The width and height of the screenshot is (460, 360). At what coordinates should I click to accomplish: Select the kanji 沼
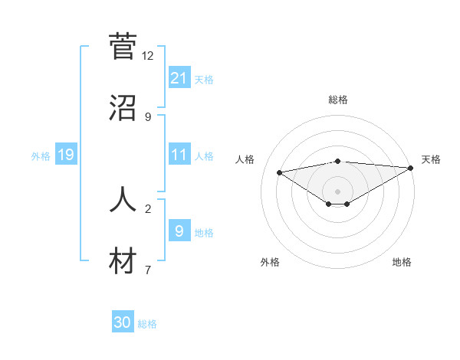123,109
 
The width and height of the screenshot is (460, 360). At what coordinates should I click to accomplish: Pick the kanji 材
123,261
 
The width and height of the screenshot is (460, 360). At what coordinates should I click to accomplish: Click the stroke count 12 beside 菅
148,56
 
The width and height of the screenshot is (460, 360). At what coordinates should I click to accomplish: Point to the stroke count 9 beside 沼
148,117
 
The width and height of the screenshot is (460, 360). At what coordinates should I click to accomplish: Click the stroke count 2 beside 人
148,208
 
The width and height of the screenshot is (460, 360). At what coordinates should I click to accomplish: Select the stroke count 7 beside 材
148,270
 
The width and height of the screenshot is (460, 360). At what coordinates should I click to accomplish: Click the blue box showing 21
179,77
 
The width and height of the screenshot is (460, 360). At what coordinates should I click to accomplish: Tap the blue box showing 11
179,155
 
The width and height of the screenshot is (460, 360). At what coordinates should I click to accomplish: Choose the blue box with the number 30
123,322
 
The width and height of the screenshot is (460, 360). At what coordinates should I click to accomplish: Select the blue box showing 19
65,155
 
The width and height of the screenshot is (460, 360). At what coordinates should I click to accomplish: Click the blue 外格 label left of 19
41,156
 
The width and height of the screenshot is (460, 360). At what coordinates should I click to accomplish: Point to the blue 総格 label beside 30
147,324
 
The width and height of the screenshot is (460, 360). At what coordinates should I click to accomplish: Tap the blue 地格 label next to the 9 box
204,233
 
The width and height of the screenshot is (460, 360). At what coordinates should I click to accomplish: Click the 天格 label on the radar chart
431,159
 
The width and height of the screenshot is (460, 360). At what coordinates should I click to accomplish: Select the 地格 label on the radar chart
402,262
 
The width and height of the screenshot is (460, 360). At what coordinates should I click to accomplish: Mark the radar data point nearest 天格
411,168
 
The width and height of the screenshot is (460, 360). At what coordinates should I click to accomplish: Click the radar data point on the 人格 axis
280,172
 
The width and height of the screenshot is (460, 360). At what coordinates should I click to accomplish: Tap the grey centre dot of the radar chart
338,191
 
